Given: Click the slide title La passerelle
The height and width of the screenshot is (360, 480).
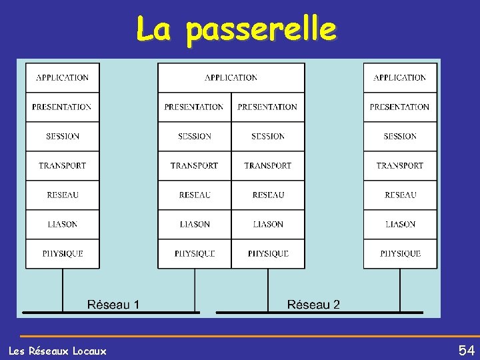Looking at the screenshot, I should [x=237, y=30].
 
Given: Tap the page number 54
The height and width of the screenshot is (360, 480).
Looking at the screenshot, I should [x=466, y=350].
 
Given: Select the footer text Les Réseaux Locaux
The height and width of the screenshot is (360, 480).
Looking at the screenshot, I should [x=57, y=351].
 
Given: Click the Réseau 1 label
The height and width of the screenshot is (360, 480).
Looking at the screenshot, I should [x=113, y=305].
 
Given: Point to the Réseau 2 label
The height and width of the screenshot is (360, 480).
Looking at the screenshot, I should [x=313, y=305].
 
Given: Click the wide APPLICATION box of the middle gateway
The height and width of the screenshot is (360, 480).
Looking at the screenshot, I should [x=231, y=77].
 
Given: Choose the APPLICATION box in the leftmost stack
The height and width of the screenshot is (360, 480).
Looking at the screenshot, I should [x=62, y=77].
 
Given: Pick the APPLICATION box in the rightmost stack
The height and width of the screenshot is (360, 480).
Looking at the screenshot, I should [x=399, y=77].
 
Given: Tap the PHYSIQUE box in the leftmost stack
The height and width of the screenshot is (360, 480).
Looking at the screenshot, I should [x=62, y=253].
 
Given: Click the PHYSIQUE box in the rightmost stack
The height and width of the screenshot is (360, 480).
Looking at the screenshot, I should [x=399, y=253].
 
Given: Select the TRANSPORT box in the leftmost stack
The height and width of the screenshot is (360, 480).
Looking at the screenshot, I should [x=62, y=165].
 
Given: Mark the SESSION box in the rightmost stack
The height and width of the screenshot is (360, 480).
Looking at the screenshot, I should [x=399, y=136].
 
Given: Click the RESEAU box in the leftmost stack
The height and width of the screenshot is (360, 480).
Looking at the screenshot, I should [x=62, y=195].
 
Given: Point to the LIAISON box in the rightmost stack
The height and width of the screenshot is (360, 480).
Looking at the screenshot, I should [x=399, y=224].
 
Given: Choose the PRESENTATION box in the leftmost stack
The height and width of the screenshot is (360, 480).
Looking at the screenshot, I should [x=62, y=107].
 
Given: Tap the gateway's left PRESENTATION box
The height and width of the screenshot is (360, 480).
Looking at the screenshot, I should [x=194, y=107].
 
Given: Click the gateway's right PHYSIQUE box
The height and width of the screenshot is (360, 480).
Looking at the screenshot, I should [x=268, y=253].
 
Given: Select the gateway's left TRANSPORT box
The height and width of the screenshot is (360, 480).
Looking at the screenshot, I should [x=194, y=165].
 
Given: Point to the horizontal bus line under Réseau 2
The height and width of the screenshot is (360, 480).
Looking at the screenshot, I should [x=320, y=312].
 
